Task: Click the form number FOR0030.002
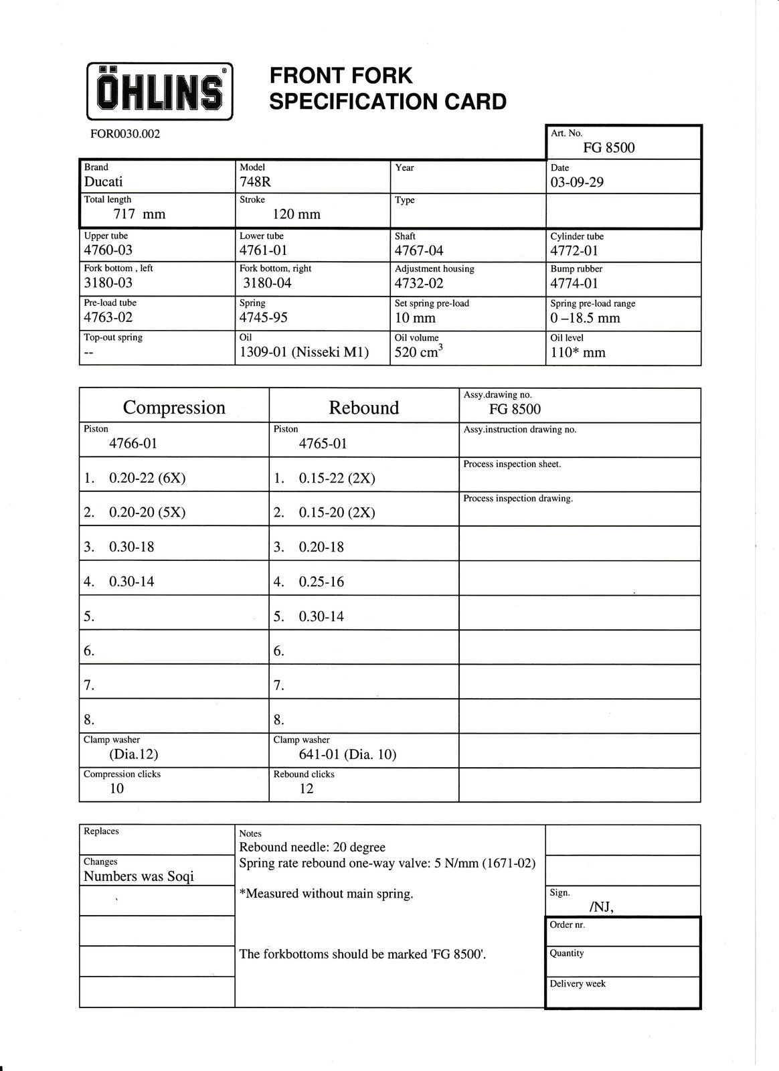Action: tap(125, 134)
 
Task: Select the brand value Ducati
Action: tap(103, 182)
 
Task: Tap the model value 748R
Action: tap(254, 182)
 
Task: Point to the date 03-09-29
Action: tap(577, 182)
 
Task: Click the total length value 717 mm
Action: tap(139, 214)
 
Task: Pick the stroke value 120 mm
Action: tap(296, 214)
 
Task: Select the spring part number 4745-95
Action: tap(264, 318)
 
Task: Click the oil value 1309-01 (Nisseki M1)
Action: tap(305, 353)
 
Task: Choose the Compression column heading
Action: tap(174, 408)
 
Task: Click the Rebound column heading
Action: tap(364, 408)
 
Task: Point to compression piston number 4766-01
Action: tap(133, 443)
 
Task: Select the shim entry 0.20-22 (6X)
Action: tap(147, 478)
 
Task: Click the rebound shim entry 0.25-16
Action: tap(321, 582)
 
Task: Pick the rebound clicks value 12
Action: tap(307, 789)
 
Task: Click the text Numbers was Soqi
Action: tap(139, 876)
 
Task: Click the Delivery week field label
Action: tap(578, 984)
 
